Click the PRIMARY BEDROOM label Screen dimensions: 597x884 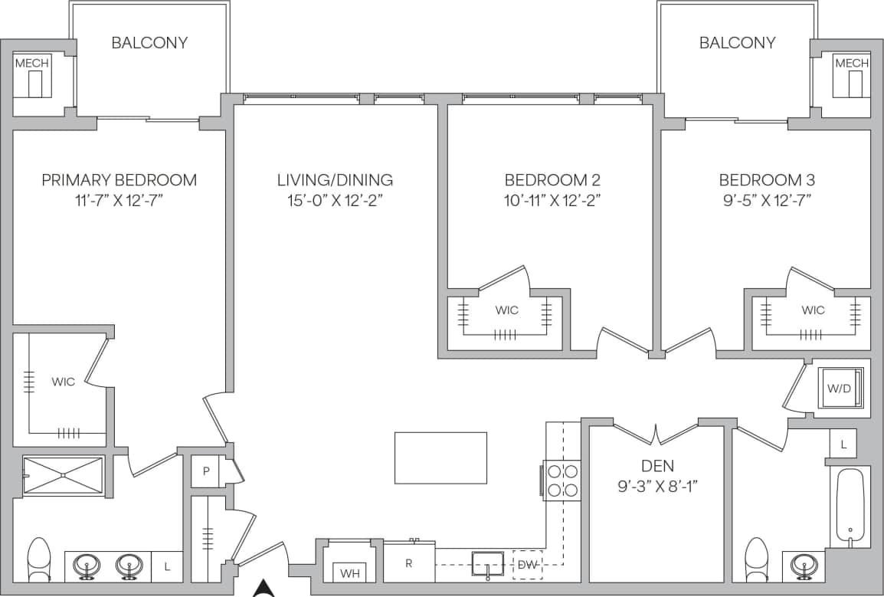[x=119, y=180]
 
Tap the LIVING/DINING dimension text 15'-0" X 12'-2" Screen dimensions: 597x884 [x=335, y=201]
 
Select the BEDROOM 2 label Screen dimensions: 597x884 [x=552, y=180]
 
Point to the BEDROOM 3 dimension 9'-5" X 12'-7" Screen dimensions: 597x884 [x=766, y=201]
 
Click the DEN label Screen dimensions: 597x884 [x=656, y=465]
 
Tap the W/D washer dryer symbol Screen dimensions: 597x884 [x=840, y=389]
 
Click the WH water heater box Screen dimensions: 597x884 [x=350, y=572]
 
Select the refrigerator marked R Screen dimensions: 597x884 [x=409, y=563]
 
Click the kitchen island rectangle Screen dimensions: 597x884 [x=440, y=458]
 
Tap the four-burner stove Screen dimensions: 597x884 [x=562, y=481]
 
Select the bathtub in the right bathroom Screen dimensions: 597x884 [x=850, y=507]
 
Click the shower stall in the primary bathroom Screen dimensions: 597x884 [x=63, y=476]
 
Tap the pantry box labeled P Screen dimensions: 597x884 [x=205, y=471]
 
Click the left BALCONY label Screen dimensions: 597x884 [x=149, y=43]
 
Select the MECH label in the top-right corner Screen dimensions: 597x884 [x=852, y=63]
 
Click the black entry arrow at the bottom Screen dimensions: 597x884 [x=264, y=588]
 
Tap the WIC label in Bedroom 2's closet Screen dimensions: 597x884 [x=506, y=310]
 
